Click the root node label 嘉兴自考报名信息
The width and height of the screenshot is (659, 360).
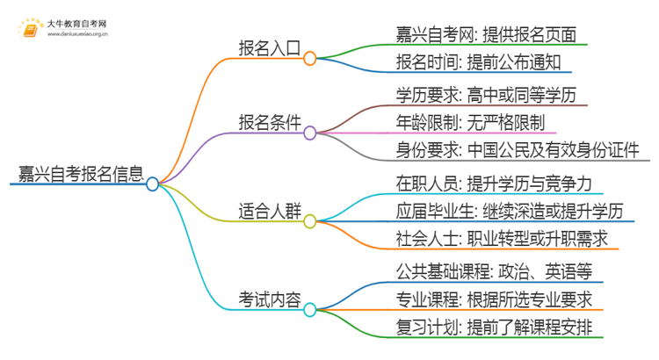click(x=77, y=172)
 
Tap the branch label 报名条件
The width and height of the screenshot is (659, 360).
click(x=268, y=124)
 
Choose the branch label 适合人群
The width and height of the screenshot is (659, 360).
click(x=268, y=211)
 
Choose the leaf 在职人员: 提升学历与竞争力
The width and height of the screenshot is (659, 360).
click(x=486, y=182)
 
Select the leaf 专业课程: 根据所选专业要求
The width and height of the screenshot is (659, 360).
click(x=494, y=299)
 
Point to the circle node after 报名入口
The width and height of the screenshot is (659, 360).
click(x=309, y=58)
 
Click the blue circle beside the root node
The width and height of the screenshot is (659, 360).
click(x=153, y=184)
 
